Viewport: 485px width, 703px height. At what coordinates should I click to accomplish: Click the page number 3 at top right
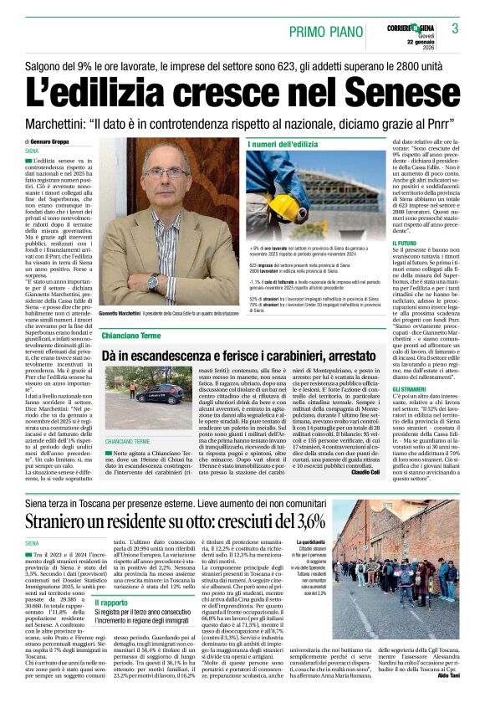456,28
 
